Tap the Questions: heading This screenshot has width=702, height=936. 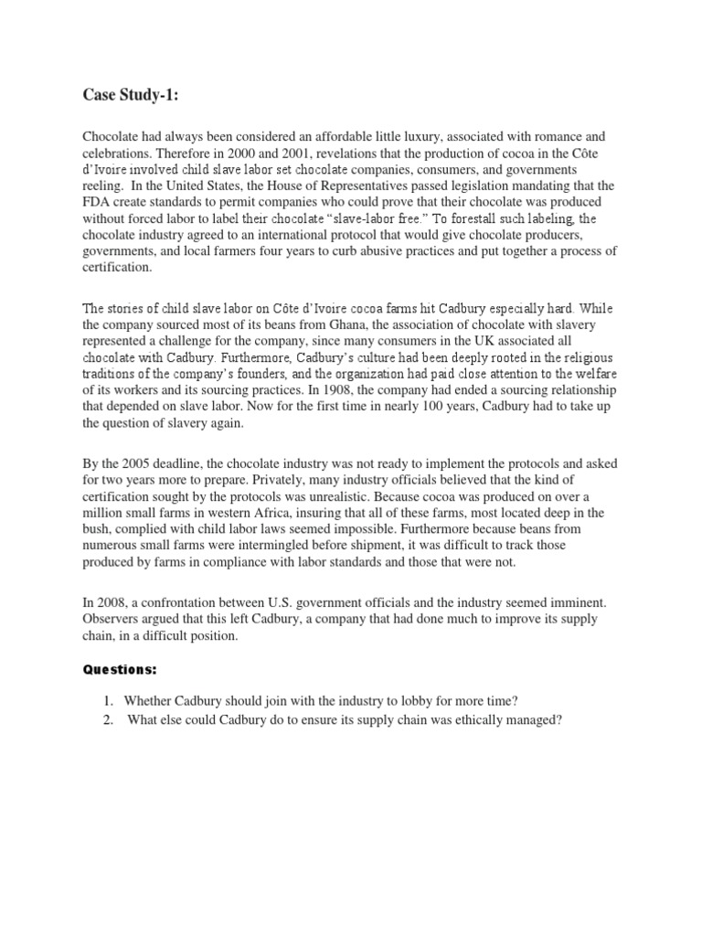(x=121, y=669)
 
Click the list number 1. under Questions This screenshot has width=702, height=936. (x=107, y=701)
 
